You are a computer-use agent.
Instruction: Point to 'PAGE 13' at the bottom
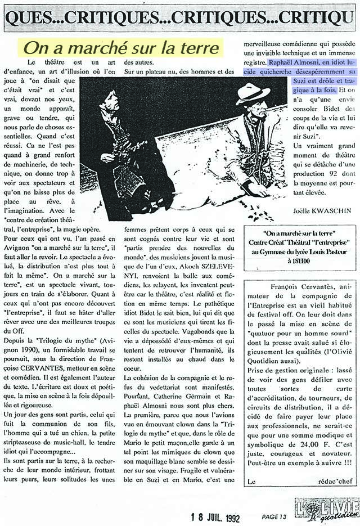pyautogui.click(x=274, y=515)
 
